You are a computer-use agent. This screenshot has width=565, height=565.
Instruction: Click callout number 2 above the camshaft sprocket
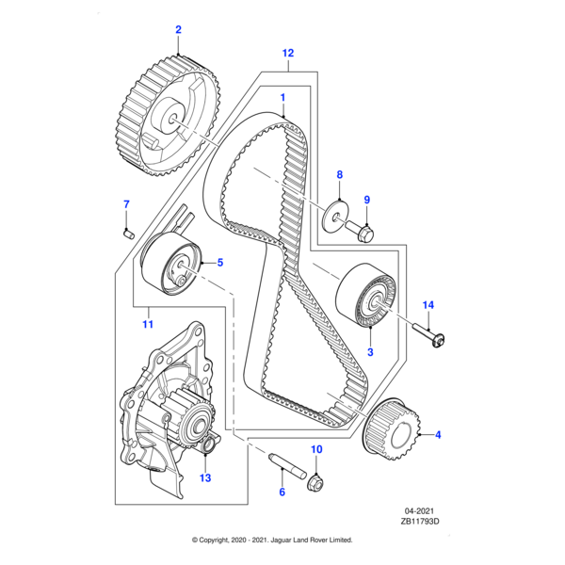coord(178,30)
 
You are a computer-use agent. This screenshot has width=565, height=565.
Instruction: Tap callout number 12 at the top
coord(288,53)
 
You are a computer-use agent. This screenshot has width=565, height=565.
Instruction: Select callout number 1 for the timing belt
coord(282,97)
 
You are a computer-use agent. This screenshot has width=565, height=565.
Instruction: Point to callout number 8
coord(340,175)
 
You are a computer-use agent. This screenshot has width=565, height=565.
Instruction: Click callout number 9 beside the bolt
coord(367,199)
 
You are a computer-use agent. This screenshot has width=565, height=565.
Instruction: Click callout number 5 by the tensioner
coord(220,263)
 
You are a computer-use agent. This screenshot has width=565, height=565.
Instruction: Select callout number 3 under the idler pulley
coord(370,352)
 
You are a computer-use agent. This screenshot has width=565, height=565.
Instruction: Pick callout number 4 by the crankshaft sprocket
coord(436,434)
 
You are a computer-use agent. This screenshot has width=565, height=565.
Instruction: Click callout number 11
coord(147,325)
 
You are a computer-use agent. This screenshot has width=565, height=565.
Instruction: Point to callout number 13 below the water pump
coord(205,477)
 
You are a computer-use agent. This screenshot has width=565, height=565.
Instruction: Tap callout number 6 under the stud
coord(281,492)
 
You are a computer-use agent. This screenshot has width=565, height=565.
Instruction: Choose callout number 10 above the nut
coord(316,449)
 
